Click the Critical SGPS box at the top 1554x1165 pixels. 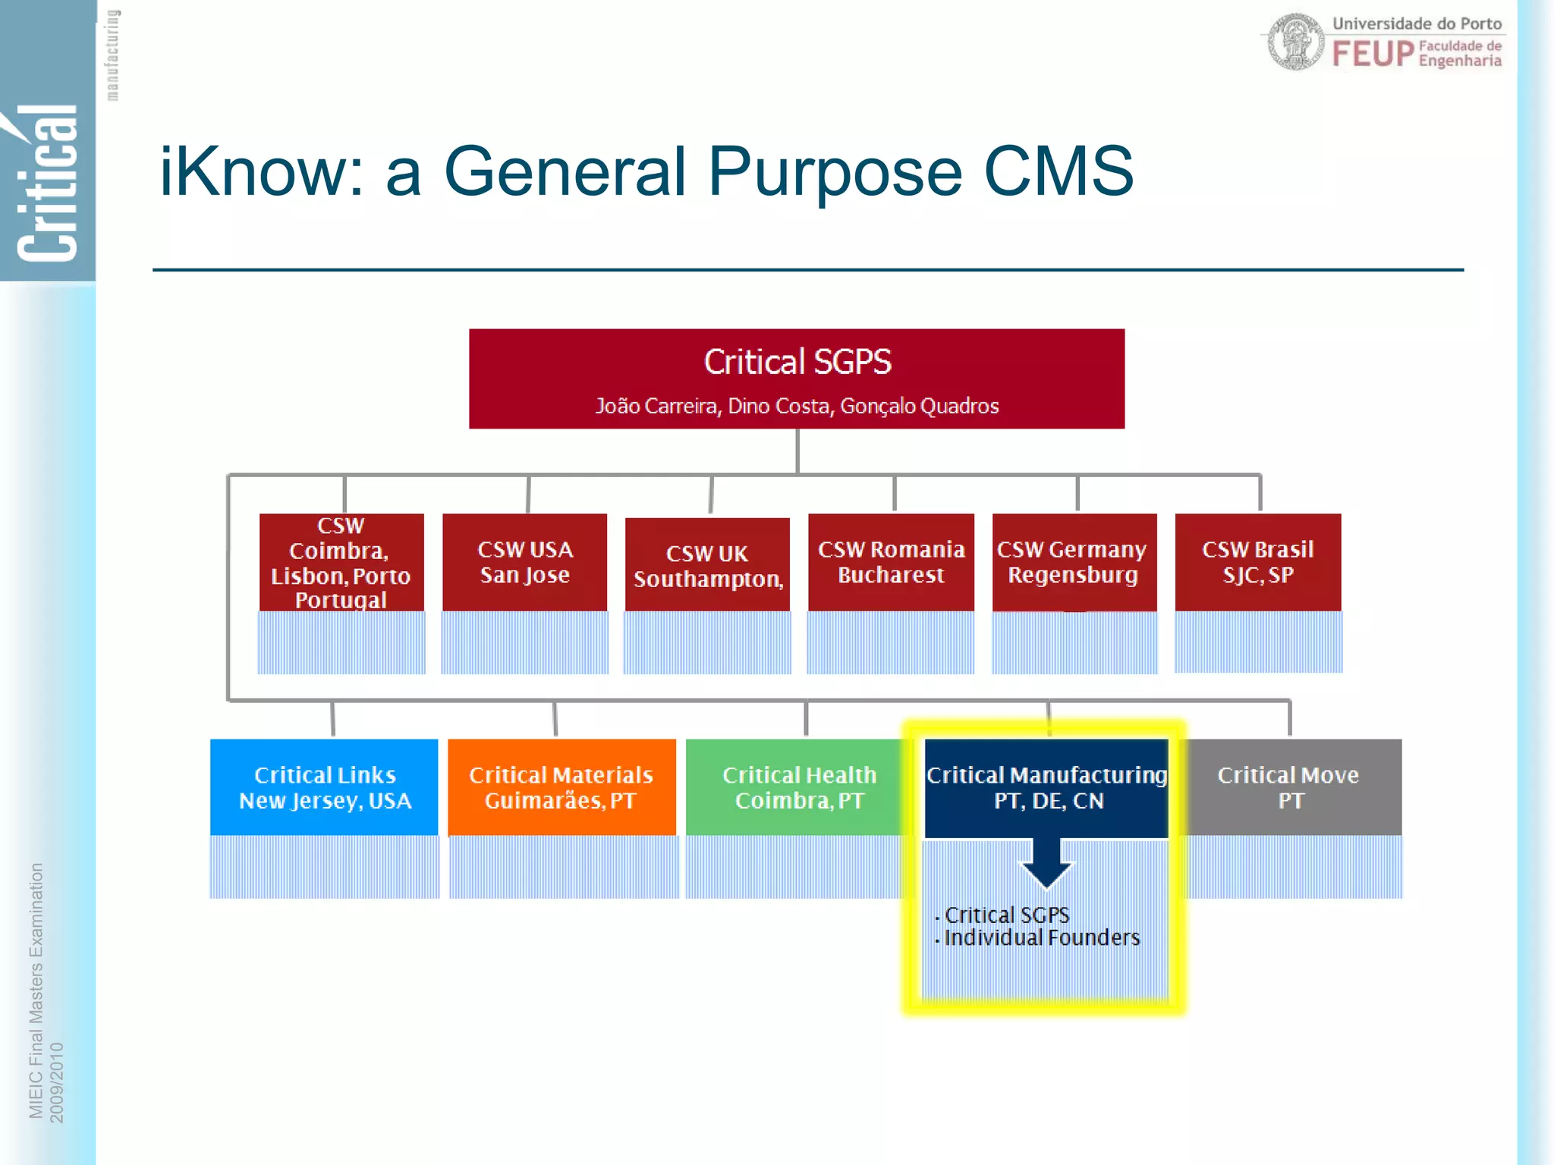tap(797, 378)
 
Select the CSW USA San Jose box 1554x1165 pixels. tap(524, 562)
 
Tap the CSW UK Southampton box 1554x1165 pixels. tap(707, 566)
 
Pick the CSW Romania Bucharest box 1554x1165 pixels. tap(891, 562)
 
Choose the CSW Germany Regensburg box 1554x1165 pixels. tap(1074, 562)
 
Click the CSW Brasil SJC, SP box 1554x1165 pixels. tap(1257, 562)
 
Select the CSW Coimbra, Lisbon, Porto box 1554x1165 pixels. tap(341, 562)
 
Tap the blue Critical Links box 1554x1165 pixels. tap(324, 787)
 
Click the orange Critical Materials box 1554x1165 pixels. tap(562, 787)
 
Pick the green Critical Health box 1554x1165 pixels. tap(798, 787)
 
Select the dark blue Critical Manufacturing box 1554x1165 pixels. tap(1046, 787)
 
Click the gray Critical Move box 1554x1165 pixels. tap(1289, 787)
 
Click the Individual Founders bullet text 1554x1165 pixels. tap(1041, 938)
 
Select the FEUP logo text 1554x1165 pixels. tap(1373, 54)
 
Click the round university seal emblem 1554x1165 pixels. tap(1296, 42)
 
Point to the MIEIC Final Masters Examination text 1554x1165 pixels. tap(36, 990)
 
